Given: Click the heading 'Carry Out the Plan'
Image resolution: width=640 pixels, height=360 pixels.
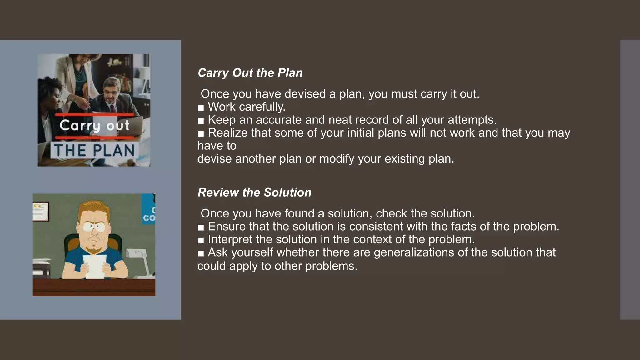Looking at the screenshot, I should point(250,73).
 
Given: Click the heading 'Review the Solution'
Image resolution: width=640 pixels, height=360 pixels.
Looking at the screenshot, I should point(254,192).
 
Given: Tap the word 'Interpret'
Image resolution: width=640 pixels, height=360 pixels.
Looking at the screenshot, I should point(230,239).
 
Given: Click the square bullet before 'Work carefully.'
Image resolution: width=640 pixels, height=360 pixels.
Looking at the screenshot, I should point(201,108).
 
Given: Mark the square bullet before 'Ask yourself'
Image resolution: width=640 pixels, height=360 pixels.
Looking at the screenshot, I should point(201,253).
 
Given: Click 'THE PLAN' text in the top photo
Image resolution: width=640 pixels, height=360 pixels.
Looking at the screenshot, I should point(94,151).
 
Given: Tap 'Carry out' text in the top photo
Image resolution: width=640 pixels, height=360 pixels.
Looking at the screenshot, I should point(94,126).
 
